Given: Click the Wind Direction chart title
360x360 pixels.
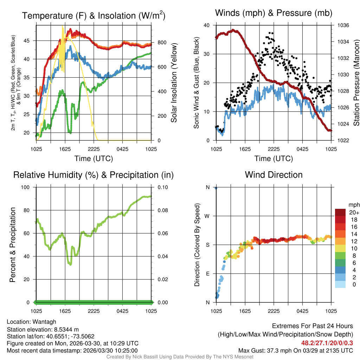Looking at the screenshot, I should tap(274, 175).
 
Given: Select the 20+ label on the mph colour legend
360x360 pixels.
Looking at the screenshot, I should tap(354, 212).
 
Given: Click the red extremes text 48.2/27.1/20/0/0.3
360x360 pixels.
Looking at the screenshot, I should tap(327, 343).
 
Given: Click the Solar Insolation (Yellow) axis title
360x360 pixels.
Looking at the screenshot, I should tap(174, 83).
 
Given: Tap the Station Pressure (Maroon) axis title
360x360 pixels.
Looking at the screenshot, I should tap(356, 83).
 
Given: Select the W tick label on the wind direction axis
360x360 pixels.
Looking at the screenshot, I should tap(208, 216).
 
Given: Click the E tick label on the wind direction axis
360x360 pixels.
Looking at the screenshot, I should tap(208, 274).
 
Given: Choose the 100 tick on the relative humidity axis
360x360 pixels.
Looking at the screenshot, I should tap(27, 187).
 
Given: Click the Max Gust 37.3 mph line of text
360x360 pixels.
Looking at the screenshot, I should tap(295, 350).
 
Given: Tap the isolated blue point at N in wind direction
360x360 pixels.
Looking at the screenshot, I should tap(216, 188).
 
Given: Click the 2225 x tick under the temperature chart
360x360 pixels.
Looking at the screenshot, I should tap(94, 149).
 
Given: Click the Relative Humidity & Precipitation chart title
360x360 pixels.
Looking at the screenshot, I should tap(93, 175).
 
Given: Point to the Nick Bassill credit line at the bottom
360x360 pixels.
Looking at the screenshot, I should tap(180, 357).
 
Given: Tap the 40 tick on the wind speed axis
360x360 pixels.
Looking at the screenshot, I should tap(207, 25).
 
